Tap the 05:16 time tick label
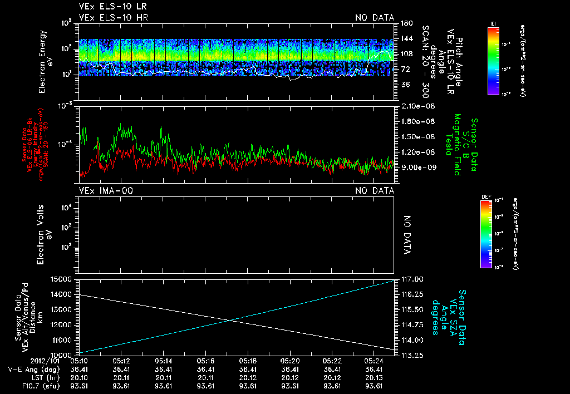(206, 361)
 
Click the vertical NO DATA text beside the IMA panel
(407, 235)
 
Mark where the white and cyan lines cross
(229, 319)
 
